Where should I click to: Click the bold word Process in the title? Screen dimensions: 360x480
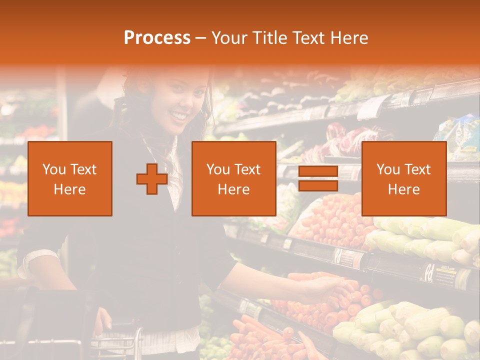[x=157, y=38]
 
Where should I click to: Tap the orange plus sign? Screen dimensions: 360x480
[x=152, y=179]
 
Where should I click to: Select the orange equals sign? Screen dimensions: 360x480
[x=318, y=179]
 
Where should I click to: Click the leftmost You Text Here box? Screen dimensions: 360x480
[x=70, y=179]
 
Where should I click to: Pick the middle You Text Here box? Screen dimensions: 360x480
[x=233, y=179]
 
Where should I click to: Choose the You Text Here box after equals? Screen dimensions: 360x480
[x=403, y=179]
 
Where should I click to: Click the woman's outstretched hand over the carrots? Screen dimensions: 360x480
[x=327, y=287]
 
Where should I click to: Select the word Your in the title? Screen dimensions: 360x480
[x=230, y=38]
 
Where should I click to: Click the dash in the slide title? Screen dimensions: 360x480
[x=201, y=38]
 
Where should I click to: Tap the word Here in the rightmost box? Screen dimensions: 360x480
[x=403, y=189]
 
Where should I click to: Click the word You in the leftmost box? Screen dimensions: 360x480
[x=53, y=169]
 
